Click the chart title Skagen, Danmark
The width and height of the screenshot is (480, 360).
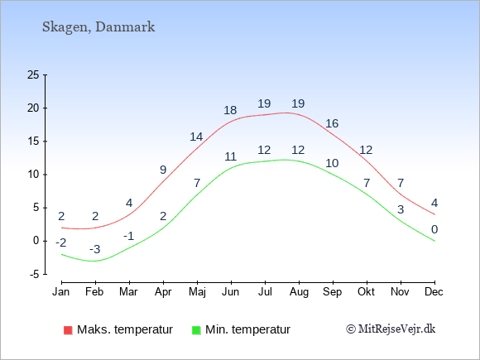(98, 27)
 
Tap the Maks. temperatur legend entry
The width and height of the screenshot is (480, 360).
(118, 329)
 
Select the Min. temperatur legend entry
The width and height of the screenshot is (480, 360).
(241, 329)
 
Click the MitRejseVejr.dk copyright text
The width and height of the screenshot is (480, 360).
(391, 329)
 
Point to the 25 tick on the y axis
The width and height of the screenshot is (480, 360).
(33, 74)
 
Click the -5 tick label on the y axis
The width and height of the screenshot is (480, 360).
(34, 274)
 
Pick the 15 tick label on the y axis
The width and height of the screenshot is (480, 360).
(33, 142)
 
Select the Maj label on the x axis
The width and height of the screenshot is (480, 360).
(197, 292)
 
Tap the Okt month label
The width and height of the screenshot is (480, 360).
(366, 292)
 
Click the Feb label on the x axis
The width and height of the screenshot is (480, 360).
(94, 292)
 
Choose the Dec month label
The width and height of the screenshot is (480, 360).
(434, 292)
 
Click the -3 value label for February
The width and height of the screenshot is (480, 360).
(95, 249)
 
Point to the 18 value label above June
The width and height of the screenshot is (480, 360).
(230, 110)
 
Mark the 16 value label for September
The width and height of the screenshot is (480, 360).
(332, 123)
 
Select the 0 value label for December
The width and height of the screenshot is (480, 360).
(434, 229)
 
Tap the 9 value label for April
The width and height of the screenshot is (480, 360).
(163, 170)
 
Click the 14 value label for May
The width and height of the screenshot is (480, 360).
(196, 137)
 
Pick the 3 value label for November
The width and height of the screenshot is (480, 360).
(401, 209)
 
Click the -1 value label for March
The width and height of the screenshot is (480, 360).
(129, 237)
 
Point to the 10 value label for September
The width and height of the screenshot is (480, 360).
(332, 163)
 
